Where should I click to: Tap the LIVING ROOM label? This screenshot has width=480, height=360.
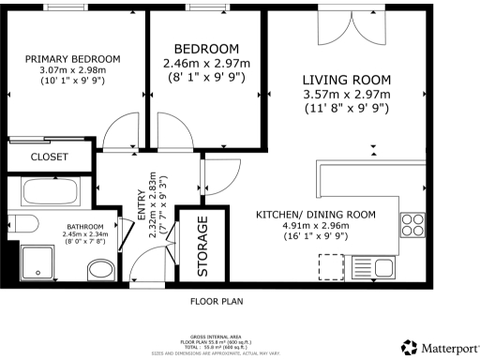point(346,80)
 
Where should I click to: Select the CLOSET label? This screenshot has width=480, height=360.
point(49,157)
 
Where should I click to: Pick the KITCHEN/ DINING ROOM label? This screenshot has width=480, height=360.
point(316,215)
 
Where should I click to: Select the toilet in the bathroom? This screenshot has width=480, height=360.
point(99,272)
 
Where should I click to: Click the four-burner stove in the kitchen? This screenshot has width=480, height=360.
point(413,224)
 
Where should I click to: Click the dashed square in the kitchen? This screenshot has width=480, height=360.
point(331,268)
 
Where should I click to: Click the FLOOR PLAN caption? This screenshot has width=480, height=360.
point(217,302)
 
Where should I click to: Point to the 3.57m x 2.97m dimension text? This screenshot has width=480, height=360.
point(346,95)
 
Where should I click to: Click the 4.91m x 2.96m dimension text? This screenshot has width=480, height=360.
point(316,225)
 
